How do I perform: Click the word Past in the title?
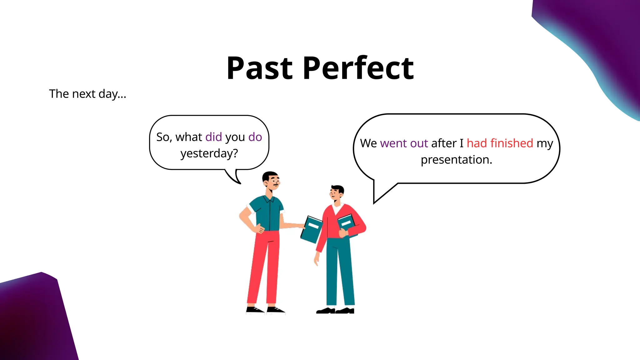259,68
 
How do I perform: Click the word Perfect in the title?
358,68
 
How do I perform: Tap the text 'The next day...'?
87,94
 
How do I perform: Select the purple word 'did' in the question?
213,137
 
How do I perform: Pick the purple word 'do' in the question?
255,137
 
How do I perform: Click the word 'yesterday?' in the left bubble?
209,153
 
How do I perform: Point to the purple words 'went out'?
404,143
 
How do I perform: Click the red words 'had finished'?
500,143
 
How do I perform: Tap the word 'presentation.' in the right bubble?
456,160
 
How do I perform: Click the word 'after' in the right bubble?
444,143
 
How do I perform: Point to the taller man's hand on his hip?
259,229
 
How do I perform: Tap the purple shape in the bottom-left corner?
34,319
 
